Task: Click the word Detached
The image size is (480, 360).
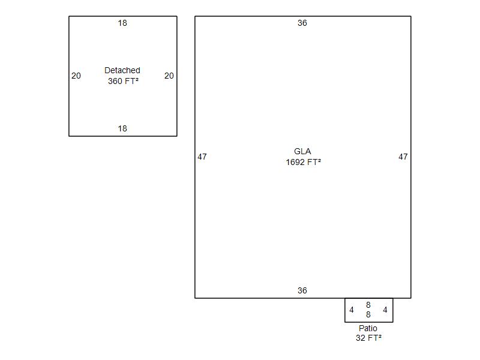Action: [122, 70]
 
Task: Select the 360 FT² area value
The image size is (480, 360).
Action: [123, 81]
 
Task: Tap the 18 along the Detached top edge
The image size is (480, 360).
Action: [122, 23]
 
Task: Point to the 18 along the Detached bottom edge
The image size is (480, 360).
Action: [122, 128]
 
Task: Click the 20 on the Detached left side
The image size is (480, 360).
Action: [76, 76]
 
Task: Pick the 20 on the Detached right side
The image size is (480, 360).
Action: [169, 76]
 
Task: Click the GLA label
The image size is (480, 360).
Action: [302, 151]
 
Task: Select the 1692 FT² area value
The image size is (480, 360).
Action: [304, 162]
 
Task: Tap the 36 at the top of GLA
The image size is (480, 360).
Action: [302, 23]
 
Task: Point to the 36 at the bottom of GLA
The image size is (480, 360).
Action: [302, 290]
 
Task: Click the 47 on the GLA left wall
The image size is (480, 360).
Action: [202, 157]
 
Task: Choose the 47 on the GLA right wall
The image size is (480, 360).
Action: [403, 157]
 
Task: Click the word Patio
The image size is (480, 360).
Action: [368, 328]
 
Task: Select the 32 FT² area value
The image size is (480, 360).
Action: [368, 338]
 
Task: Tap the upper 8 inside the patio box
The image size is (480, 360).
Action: [368, 305]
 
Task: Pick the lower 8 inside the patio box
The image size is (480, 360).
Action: [368, 314]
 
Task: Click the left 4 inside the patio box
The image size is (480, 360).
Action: [352, 310]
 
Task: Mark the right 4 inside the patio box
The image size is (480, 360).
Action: [385, 310]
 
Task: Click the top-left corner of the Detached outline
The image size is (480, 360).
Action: [69, 17]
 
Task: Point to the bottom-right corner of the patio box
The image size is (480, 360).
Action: [393, 322]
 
